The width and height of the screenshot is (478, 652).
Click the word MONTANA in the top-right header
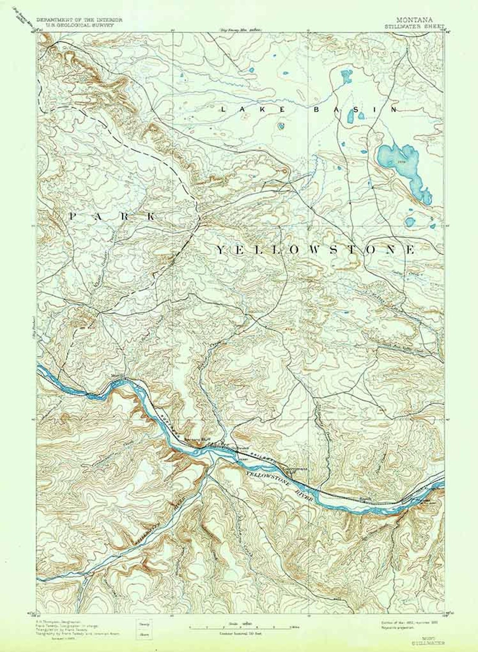(x=413, y=19)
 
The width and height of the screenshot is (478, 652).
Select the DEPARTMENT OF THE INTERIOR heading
(x=79, y=20)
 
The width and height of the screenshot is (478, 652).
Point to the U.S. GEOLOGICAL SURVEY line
(x=79, y=25)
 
